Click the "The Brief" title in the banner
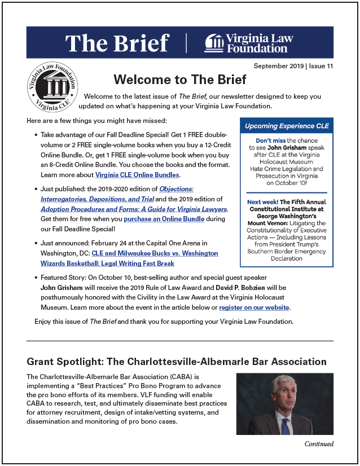(x=117, y=43)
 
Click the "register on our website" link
(x=254, y=307)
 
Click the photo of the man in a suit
(x=284, y=403)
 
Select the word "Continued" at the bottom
(x=319, y=443)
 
